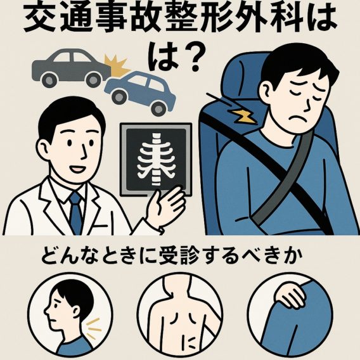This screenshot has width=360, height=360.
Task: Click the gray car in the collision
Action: tap(70, 67)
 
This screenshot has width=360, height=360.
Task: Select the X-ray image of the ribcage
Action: tap(156, 160)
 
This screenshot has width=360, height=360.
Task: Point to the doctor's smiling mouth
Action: tap(76, 170)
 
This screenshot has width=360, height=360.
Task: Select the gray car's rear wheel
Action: tap(49, 80)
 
